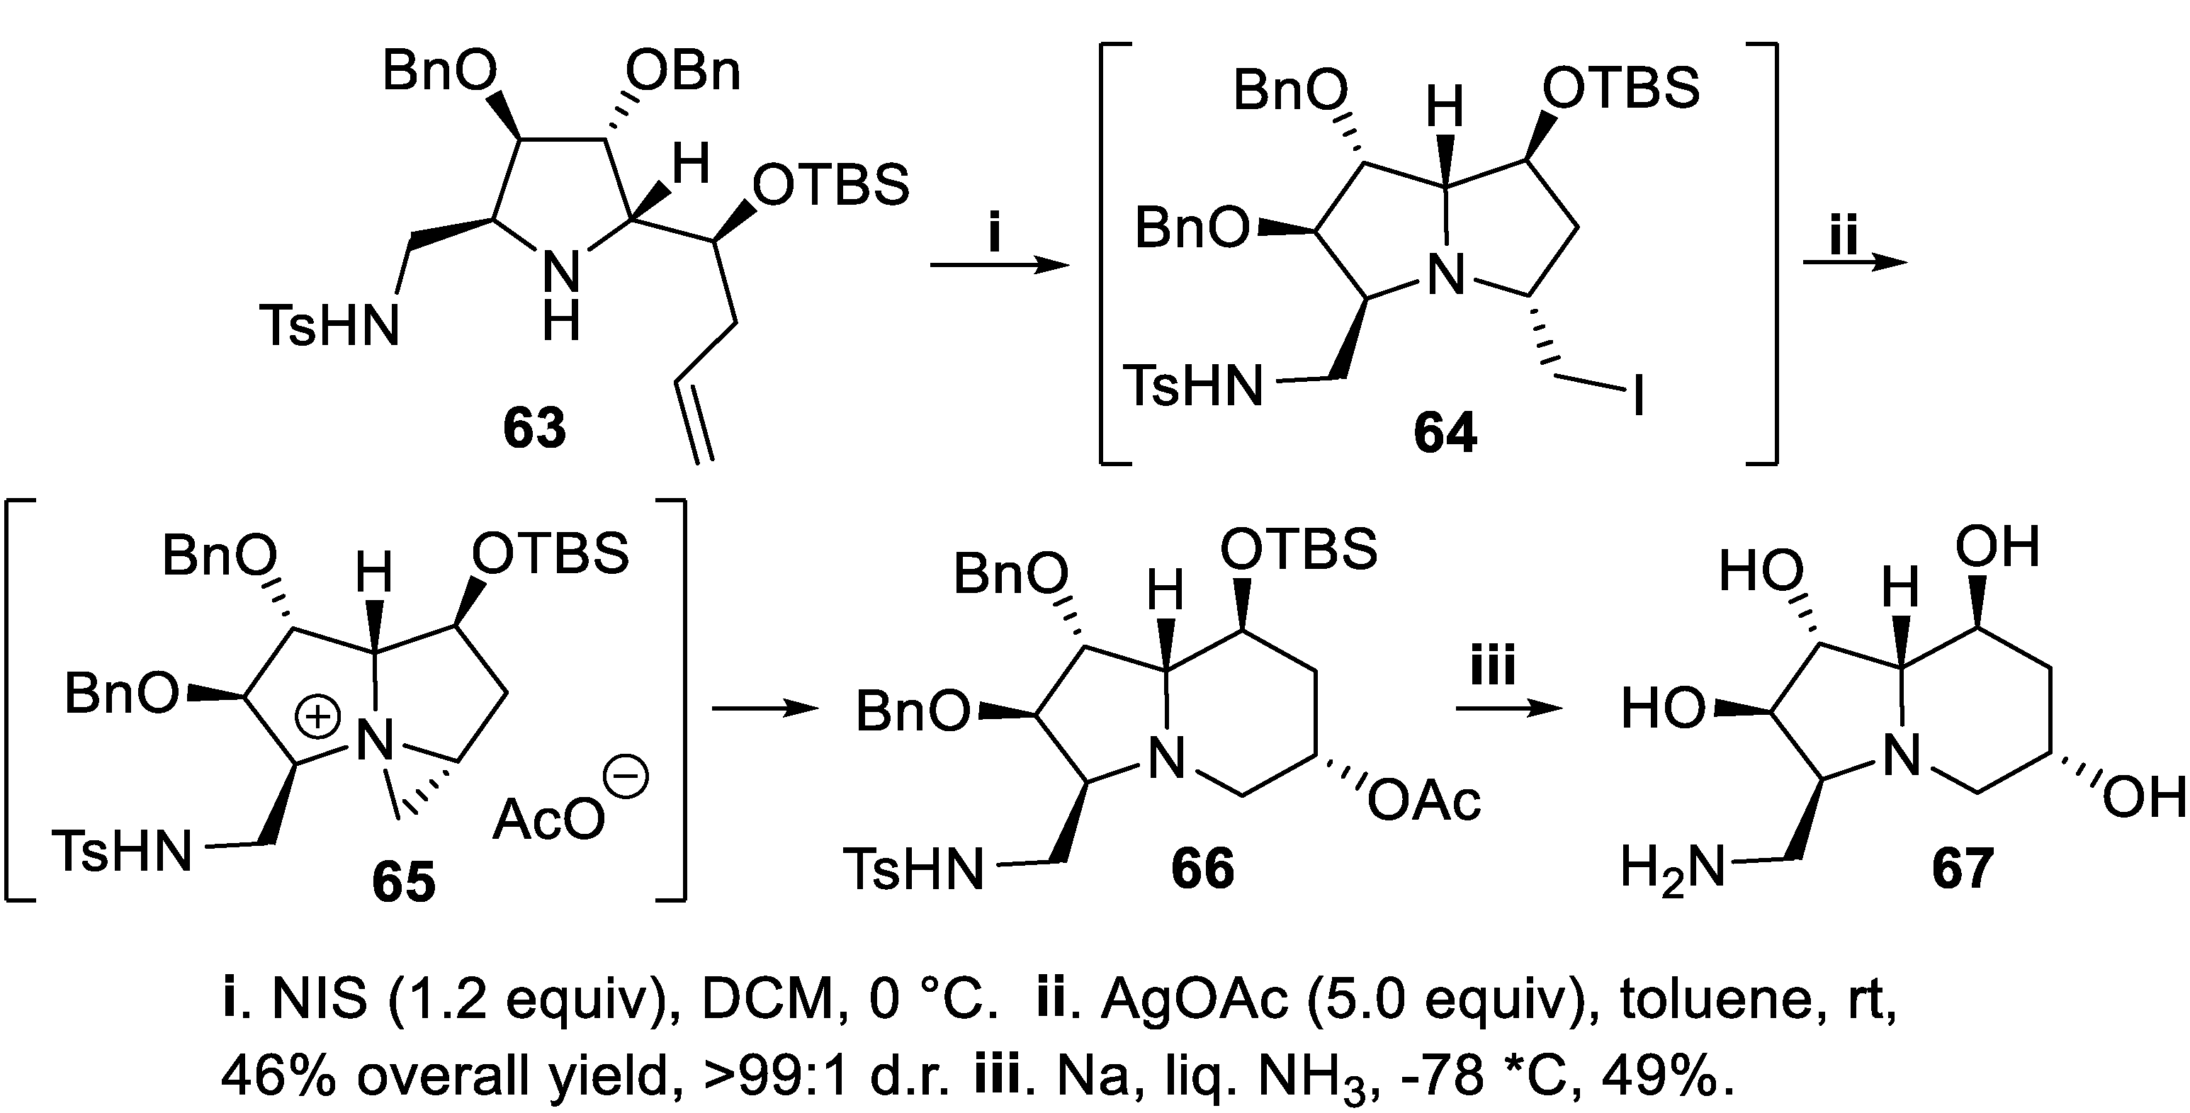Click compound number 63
point(534,429)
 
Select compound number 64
point(1445,433)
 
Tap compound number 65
point(403,882)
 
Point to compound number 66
point(1202,870)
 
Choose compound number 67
point(1962,870)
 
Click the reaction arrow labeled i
point(999,266)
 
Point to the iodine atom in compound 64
point(1637,396)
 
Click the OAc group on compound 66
point(1424,801)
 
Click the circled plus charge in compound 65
point(317,718)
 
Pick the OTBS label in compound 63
point(830,186)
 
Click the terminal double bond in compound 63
point(694,422)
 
